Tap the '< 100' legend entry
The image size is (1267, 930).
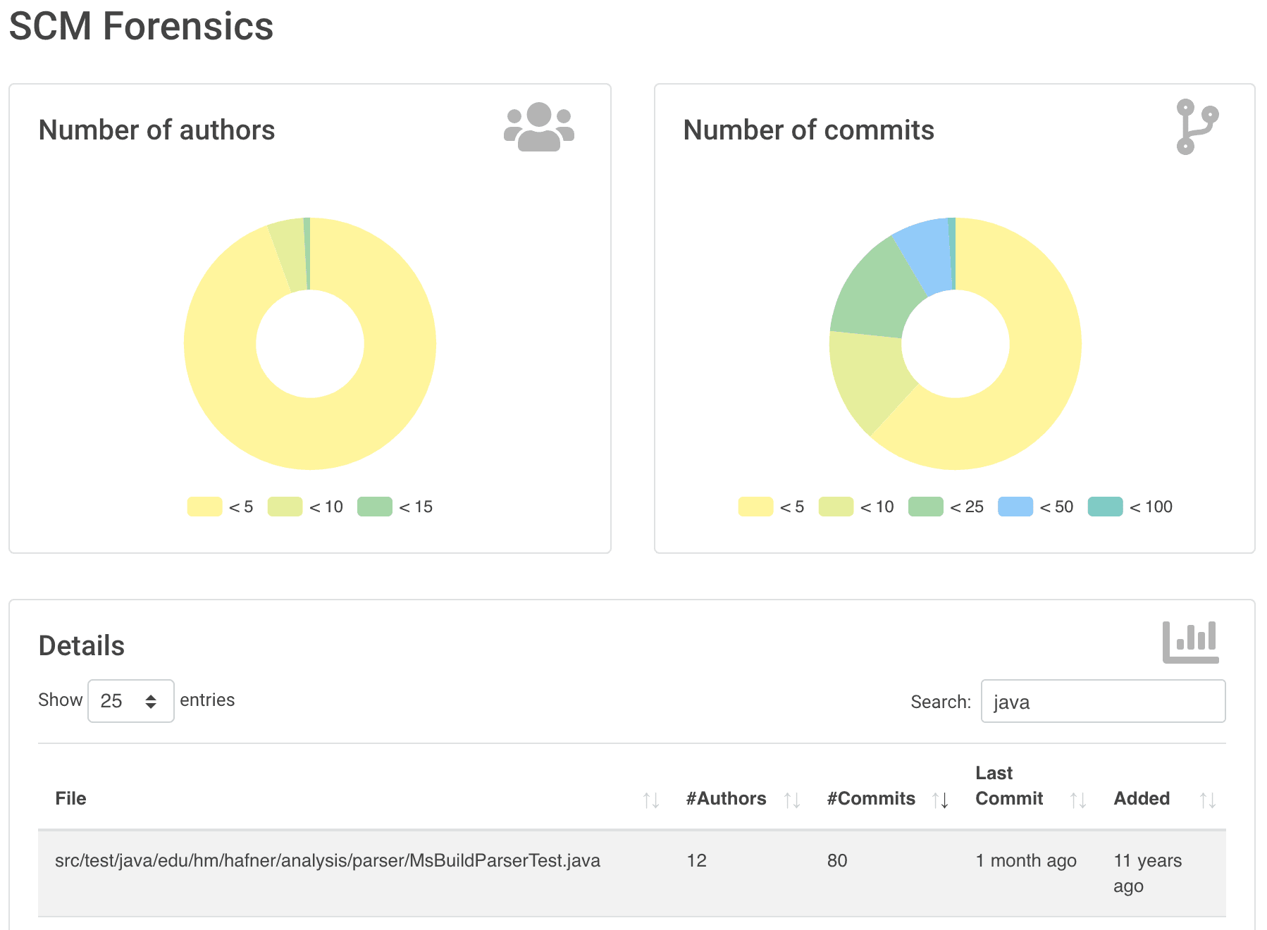pyautogui.click(x=1130, y=507)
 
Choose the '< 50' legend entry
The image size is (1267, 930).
pyautogui.click(x=1036, y=507)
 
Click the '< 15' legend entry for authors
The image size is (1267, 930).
pyautogui.click(x=395, y=507)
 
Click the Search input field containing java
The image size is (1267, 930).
pyautogui.click(x=1103, y=701)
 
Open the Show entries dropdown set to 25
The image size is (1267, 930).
pyautogui.click(x=130, y=701)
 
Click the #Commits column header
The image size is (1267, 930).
pyautogui.click(x=871, y=798)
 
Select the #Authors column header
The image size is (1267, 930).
pyautogui.click(x=726, y=798)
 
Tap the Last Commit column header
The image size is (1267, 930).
pyautogui.click(x=1008, y=786)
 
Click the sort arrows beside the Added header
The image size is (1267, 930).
pyautogui.click(x=1208, y=800)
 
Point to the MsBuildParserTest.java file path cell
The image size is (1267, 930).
pyautogui.click(x=328, y=860)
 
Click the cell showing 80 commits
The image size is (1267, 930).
pyautogui.click(x=837, y=860)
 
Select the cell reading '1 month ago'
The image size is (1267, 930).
pyautogui.click(x=1026, y=860)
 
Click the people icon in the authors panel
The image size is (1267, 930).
pyautogui.click(x=539, y=127)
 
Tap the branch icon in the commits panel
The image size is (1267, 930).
pyautogui.click(x=1197, y=127)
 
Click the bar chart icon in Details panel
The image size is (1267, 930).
pyautogui.click(x=1190, y=642)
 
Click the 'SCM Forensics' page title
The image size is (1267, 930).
pyautogui.click(x=141, y=27)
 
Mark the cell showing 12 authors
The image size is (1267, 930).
pyautogui.click(x=696, y=860)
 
